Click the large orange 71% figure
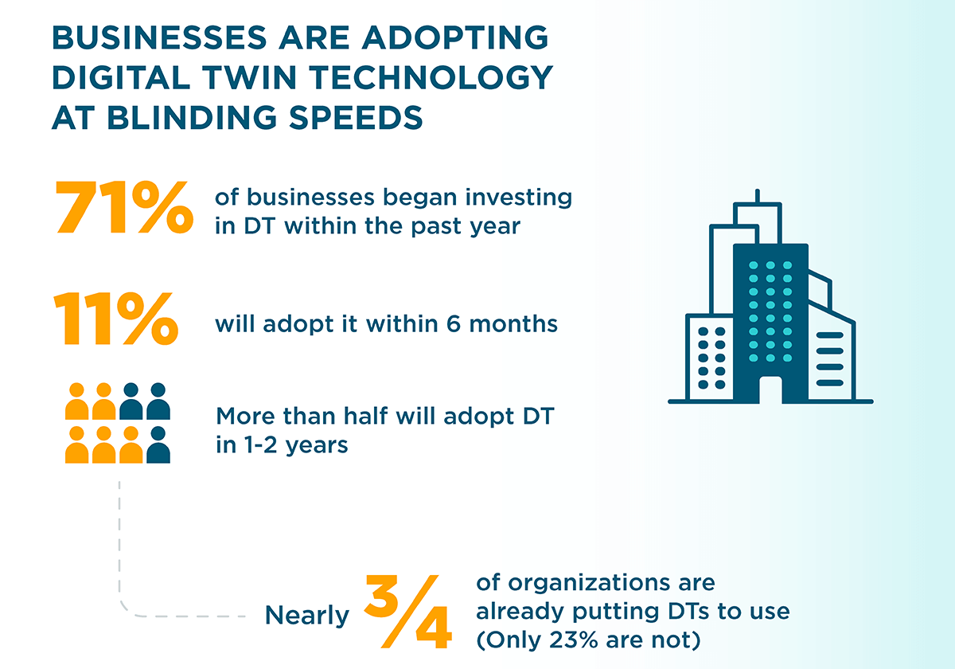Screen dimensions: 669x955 [x=123, y=209]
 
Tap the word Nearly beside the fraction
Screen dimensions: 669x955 [x=307, y=616]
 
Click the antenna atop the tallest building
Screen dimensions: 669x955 [x=758, y=197]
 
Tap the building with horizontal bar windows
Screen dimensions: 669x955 [x=830, y=358]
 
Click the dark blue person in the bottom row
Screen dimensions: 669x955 [x=158, y=445]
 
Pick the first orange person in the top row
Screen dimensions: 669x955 [x=77, y=401]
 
